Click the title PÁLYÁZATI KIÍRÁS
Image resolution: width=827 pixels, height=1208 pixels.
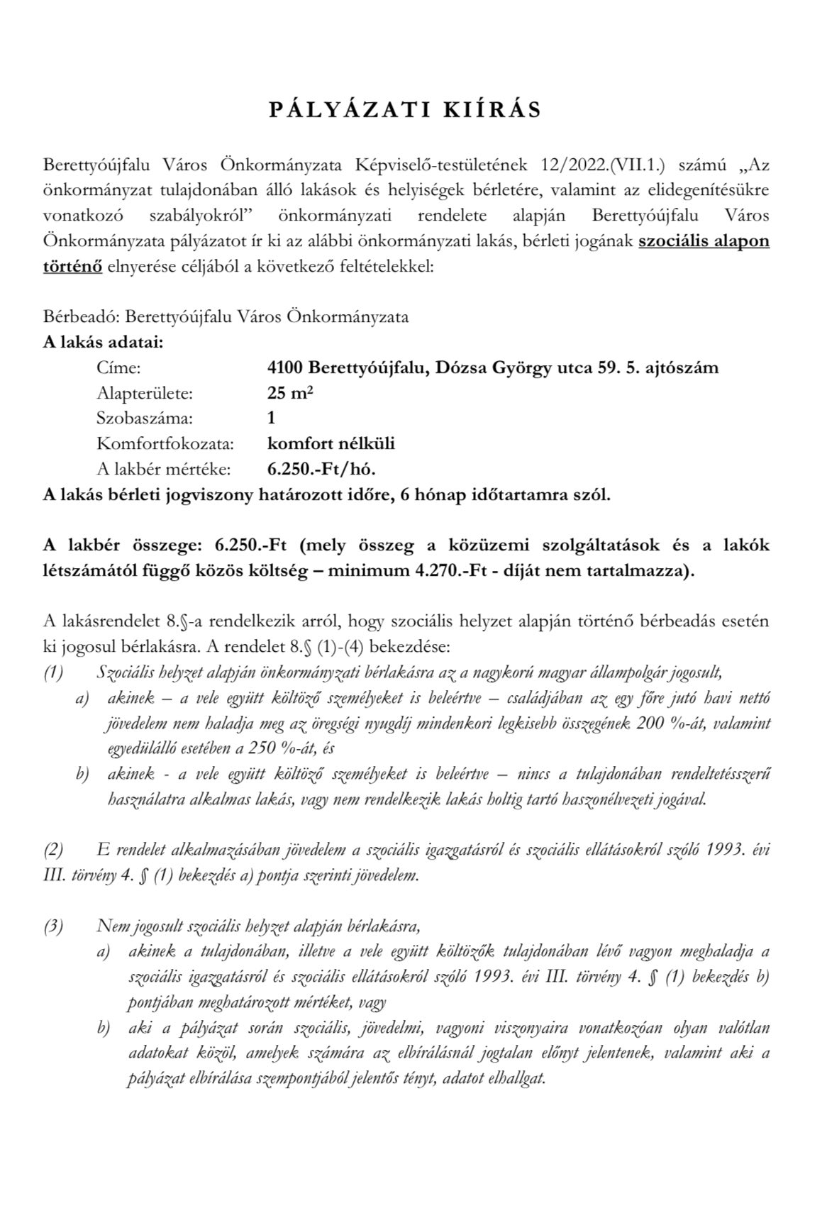[x=406, y=110]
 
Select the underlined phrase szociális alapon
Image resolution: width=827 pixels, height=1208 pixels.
[x=704, y=240]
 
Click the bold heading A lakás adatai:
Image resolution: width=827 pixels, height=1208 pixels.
[x=104, y=343]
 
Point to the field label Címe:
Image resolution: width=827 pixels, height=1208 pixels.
[x=119, y=368]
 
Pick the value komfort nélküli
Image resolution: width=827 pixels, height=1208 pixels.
[x=331, y=444]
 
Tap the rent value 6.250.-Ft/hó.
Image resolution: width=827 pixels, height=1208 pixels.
[x=321, y=469]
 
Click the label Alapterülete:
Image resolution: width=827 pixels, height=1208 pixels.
[x=145, y=393]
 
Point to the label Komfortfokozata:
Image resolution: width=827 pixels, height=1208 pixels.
[x=165, y=444]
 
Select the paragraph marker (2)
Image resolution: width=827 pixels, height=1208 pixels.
[x=54, y=849]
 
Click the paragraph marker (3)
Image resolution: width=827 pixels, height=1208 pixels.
[x=54, y=926]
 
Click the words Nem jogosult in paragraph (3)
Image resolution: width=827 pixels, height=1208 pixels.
[x=134, y=926]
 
